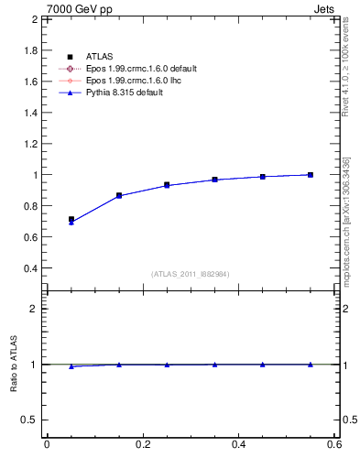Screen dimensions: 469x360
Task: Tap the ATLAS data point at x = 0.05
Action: pos(71,220)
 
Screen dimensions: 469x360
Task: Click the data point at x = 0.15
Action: pos(119,195)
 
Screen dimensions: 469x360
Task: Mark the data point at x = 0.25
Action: pos(167,185)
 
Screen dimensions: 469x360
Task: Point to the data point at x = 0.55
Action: pos(311,175)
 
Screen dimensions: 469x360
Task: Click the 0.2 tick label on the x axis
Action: pos(143,444)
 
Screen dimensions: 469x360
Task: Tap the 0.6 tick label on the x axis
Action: pos(334,444)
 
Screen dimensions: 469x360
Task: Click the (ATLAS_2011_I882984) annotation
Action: pos(191,274)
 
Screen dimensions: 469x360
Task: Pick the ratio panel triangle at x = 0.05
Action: pos(71,366)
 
